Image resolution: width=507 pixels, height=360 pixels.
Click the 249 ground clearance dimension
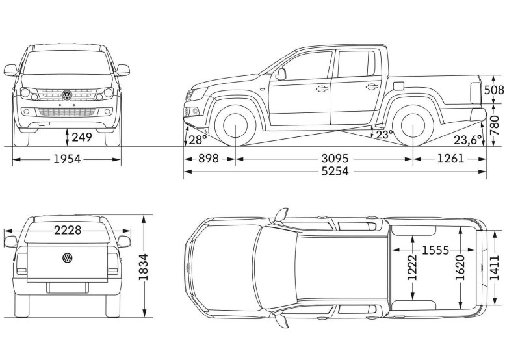pos(82,137)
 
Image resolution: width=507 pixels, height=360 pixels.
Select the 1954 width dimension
pos(67,159)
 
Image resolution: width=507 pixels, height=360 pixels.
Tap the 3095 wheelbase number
pos(335,159)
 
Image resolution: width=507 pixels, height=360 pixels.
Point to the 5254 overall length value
pos(335,171)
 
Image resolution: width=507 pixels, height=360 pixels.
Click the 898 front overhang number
pos(209,159)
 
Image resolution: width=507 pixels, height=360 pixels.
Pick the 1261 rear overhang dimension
pos(450,159)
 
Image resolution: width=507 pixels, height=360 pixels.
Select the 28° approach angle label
pos(198,140)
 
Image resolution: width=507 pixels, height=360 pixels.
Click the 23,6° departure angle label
pos(468,140)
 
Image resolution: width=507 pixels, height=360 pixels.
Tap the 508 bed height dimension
pos(494,90)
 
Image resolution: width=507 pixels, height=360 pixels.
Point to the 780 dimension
pos(495,125)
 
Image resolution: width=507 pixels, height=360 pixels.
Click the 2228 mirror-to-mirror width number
pos(68,231)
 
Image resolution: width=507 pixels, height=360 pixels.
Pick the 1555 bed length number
pos(435,250)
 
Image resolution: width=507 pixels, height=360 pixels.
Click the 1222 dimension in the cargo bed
pos(412,268)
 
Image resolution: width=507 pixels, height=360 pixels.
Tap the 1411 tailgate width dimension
pos(495,268)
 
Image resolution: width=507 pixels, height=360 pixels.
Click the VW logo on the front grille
pos(67,95)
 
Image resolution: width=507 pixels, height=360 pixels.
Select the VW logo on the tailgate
pos(67,258)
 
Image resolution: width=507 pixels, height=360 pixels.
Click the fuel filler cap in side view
pos(398,86)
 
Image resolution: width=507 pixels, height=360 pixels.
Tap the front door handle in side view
pos(322,88)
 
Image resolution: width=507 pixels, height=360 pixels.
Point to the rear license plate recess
pos(67,288)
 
